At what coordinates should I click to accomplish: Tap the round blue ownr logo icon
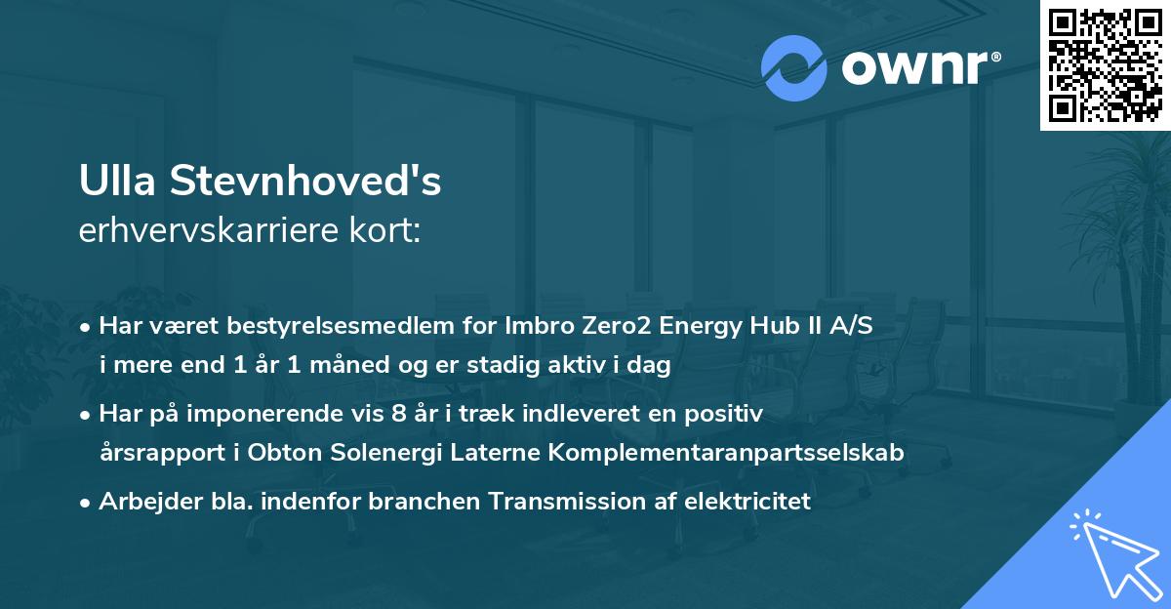[793, 68]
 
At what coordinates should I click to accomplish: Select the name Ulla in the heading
[117, 183]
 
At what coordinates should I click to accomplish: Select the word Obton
[279, 453]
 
